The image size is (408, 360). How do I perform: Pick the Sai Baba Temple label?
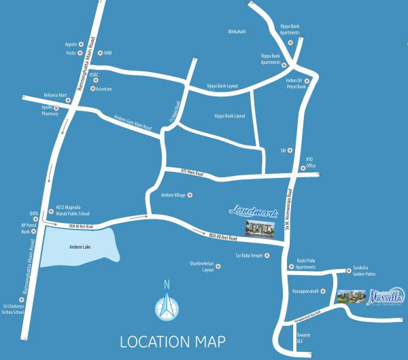pos(248,255)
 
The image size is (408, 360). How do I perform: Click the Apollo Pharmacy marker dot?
pos(57,107)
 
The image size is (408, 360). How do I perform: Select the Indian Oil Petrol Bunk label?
pos(298,83)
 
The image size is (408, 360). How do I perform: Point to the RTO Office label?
pos(310,163)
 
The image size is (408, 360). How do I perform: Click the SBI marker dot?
pos(290,149)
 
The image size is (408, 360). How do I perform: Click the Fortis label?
pos(69,52)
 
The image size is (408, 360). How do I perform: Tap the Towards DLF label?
pos(303,338)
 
